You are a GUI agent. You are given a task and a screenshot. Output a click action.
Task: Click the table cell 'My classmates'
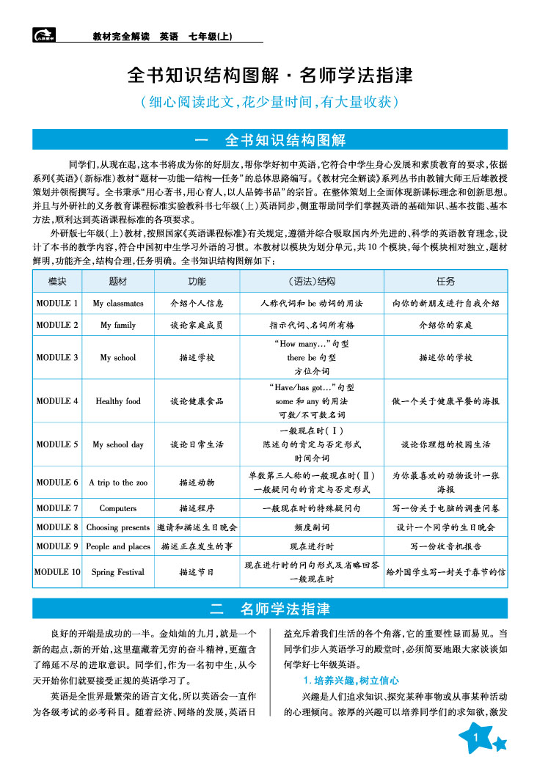click(118, 303)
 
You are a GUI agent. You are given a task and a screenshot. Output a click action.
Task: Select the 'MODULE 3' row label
click(57, 358)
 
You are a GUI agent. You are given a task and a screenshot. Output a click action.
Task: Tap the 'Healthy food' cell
click(118, 401)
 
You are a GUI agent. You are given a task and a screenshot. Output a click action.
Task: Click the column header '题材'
click(118, 282)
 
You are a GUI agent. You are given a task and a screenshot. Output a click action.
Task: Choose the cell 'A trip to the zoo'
click(118, 483)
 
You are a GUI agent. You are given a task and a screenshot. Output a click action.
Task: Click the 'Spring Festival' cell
click(118, 572)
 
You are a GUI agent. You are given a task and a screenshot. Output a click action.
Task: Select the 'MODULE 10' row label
click(57, 572)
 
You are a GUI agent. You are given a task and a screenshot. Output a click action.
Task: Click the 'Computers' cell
click(118, 508)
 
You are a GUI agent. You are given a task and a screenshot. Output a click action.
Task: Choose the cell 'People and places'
click(118, 546)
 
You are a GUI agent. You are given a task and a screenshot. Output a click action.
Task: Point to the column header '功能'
click(197, 282)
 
